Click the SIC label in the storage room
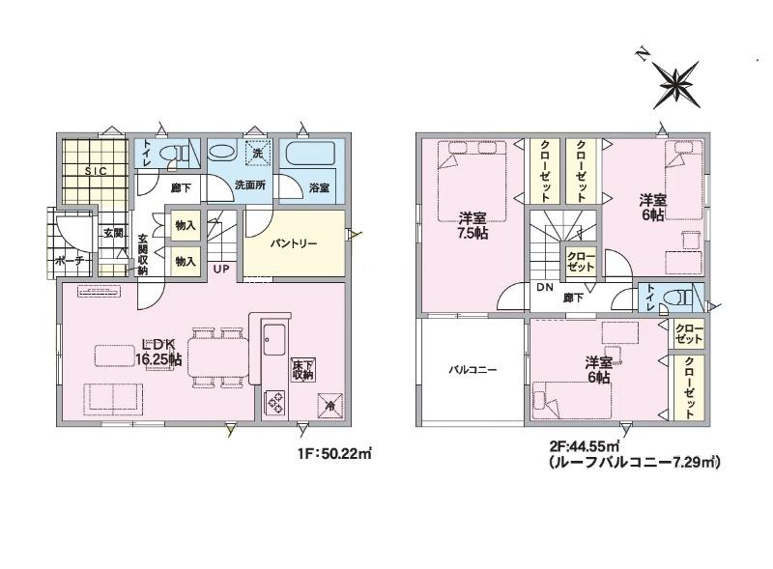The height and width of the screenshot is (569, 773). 96,171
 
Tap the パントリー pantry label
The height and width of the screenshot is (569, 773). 294,243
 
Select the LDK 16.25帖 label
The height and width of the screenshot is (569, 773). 158,352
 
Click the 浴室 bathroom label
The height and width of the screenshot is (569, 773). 320,187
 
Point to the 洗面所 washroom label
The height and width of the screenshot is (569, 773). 250,185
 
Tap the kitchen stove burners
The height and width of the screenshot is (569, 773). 275,401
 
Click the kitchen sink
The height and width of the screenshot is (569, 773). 273,339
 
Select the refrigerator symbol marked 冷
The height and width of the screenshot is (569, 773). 329,406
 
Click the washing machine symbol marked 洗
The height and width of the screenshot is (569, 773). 258,153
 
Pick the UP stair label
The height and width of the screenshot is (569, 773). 221,270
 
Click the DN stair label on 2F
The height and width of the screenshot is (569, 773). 545,288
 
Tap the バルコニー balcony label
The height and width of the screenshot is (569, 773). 472,369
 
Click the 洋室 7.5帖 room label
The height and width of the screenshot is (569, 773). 472,225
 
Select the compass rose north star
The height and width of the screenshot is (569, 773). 680,84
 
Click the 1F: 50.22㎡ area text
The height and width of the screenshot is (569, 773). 333,453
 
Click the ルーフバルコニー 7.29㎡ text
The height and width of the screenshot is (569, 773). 635,463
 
